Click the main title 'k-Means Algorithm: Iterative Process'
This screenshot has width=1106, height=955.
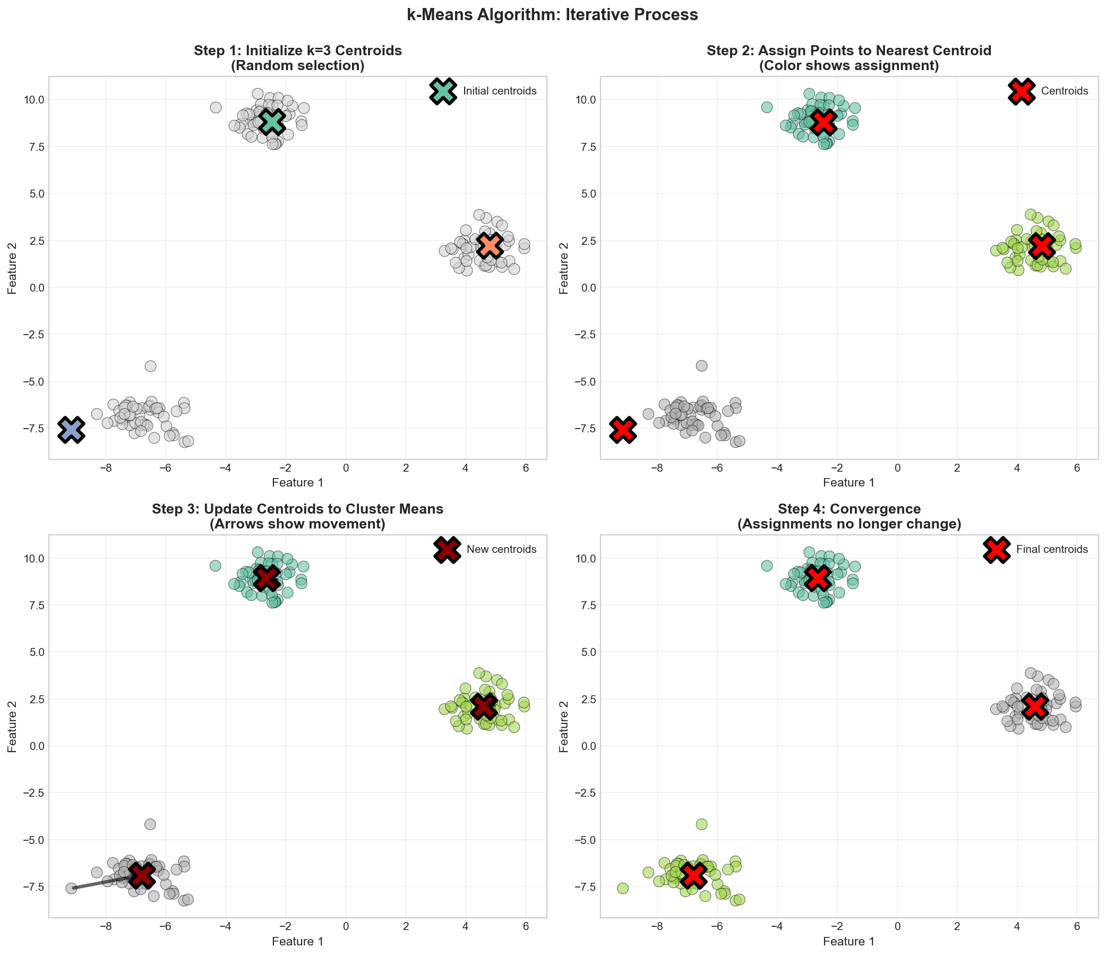click(552, 15)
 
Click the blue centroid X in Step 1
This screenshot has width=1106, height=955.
click(71, 429)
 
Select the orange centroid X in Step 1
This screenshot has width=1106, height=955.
click(490, 245)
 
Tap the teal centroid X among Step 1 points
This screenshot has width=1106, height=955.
click(272, 122)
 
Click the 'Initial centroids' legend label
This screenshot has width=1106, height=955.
click(500, 91)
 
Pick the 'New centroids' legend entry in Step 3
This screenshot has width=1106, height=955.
click(501, 549)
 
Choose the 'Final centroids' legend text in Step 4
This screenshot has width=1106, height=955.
click(1052, 549)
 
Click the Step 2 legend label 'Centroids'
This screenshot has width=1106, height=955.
click(1065, 91)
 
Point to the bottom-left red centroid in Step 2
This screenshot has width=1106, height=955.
click(623, 429)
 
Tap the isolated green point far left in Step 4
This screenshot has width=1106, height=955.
click(622, 888)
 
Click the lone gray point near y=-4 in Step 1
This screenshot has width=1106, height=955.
click(150, 366)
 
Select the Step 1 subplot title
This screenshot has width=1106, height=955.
click(298, 58)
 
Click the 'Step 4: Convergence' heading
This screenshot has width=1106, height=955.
click(849, 509)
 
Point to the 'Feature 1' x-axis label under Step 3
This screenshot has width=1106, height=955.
click(298, 941)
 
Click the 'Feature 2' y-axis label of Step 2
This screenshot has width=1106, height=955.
click(563, 268)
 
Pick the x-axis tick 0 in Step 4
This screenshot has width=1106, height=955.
click(897, 926)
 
